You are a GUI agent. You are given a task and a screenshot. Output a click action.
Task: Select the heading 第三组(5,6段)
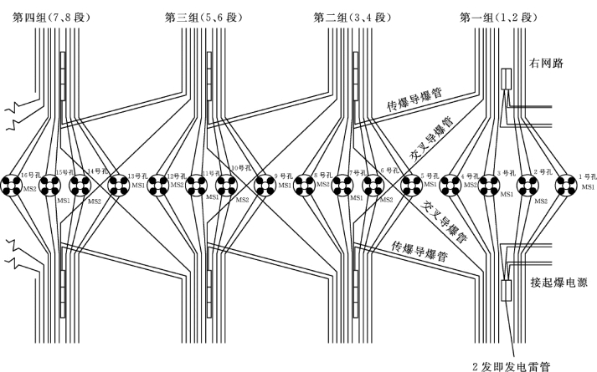pyautogui.click(x=198, y=15)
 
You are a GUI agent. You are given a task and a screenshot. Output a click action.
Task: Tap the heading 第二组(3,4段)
pyautogui.click(x=351, y=15)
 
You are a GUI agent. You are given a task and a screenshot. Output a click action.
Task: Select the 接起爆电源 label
pyautogui.click(x=558, y=283)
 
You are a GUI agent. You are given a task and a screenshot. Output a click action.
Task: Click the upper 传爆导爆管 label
pyautogui.click(x=414, y=99)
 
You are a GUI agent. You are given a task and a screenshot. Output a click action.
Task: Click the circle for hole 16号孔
pyautogui.click(x=12, y=185)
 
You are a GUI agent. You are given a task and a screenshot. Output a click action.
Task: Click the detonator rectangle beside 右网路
pyautogui.click(x=507, y=79)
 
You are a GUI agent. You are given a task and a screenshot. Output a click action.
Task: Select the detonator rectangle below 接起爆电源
pyautogui.click(x=507, y=290)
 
